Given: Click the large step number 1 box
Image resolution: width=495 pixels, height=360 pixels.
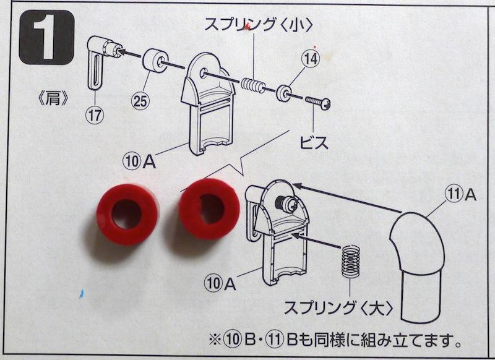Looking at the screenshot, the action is tap(46, 38).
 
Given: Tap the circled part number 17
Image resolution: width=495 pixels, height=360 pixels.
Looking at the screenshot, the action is tap(95, 115).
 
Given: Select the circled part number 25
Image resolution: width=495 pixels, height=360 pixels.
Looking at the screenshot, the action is tap(140, 101).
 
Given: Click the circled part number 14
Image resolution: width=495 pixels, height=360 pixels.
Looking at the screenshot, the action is tap(311, 59).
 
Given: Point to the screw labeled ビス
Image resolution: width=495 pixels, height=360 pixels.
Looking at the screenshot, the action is tap(317, 103).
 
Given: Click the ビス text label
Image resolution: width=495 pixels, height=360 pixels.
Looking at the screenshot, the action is tap(314, 143).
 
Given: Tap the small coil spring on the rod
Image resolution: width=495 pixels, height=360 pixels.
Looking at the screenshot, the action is tap(253, 85).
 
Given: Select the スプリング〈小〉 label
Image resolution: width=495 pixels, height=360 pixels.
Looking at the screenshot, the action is tap(259, 24).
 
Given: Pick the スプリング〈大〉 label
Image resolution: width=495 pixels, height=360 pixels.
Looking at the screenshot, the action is tap(338, 307).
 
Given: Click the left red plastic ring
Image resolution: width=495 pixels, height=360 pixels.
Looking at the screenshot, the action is tap(127, 214).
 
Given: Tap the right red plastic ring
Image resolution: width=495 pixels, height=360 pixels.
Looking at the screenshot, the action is tap(209, 209).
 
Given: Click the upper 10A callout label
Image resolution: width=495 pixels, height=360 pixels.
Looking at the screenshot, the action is tap(139, 161).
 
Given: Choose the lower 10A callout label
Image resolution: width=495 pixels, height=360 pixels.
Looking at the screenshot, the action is tap(220, 283).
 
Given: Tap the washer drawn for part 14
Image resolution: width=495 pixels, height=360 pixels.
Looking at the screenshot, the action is tap(284, 92).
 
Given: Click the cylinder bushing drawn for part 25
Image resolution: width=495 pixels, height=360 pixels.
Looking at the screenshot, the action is tap(156, 60).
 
